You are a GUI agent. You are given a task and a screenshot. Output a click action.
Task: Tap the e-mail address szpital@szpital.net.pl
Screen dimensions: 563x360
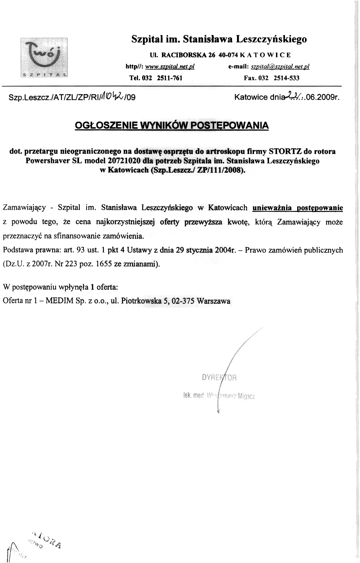(x=280, y=67)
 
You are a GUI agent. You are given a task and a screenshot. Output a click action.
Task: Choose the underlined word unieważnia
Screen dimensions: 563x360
(x=272, y=208)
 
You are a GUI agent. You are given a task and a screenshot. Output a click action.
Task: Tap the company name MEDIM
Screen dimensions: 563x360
(x=60, y=301)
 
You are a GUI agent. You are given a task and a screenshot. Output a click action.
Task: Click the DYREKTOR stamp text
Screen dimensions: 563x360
(x=219, y=378)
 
